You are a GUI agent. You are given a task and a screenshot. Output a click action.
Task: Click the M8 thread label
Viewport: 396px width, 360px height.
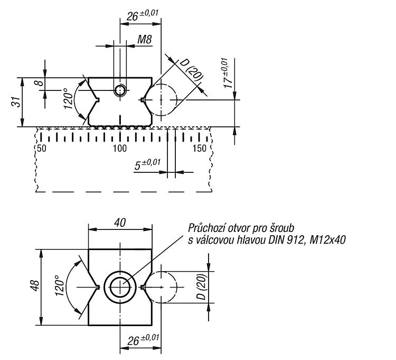pos(145,40)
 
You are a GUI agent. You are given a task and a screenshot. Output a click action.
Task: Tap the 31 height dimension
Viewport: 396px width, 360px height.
pos(17,101)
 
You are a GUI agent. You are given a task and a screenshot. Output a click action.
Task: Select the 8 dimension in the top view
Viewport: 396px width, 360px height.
pos(41,82)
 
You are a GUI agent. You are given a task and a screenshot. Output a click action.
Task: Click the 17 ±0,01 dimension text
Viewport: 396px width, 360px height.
pos(228,73)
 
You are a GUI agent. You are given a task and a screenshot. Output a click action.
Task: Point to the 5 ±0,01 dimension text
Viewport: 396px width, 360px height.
pos(147,164)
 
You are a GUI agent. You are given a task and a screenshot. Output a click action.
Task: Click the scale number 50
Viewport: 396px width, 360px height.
pos(42,149)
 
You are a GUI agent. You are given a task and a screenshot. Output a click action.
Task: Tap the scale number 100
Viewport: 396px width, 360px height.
pos(120,149)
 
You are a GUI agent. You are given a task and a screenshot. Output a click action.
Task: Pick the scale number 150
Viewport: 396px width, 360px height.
pos(200,149)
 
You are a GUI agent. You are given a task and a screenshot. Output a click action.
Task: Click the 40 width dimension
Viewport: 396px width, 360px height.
pos(120,223)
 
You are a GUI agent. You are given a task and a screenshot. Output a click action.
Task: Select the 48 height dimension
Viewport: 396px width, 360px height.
pos(35,285)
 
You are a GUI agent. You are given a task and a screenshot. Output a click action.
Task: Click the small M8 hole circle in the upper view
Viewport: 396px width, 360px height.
pos(120,90)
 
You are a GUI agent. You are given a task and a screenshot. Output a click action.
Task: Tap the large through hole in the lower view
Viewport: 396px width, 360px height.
pos(120,287)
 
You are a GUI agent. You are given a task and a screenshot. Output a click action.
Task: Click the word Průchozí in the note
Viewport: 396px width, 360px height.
pos(206,228)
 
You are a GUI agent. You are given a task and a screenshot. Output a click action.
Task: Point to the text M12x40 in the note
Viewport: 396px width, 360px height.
pos(327,240)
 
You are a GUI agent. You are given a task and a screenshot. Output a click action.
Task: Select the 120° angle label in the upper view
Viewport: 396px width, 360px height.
pos(68,99)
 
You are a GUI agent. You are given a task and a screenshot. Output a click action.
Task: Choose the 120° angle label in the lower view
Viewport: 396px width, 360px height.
pos(59,285)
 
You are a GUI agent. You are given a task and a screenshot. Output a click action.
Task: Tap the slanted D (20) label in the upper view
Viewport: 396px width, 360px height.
pos(191,70)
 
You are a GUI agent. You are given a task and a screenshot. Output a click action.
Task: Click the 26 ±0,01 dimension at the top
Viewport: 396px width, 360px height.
pos(142,15)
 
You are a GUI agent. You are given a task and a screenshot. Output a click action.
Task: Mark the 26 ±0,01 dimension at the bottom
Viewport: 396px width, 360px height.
pos(143,340)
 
